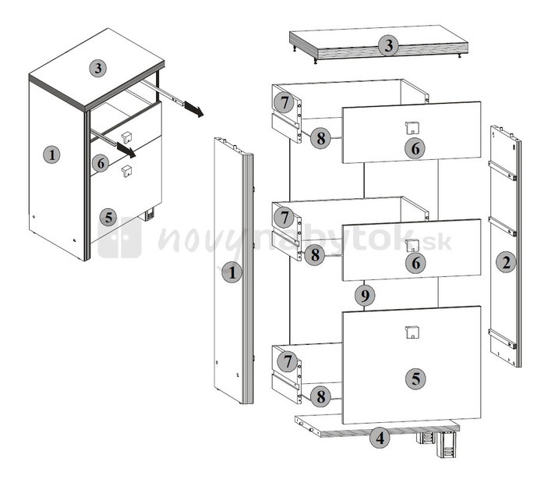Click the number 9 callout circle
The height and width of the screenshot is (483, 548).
click(365, 296)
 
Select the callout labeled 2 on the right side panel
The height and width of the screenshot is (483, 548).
click(506, 262)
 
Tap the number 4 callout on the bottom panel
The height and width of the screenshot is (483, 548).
click(380, 438)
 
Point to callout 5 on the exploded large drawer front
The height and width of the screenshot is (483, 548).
click(415, 379)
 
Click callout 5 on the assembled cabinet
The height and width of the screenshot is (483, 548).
click(108, 218)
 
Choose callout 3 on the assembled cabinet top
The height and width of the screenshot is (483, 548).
click(98, 68)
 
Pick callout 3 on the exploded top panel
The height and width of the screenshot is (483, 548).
click(389, 46)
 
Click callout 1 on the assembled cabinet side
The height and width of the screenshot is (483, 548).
click(51, 154)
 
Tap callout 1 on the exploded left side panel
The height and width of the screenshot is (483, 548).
click(232, 272)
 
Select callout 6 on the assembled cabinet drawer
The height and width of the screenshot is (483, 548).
click(101, 163)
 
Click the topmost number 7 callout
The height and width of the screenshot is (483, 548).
click(285, 103)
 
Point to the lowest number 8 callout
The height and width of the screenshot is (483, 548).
click(320, 396)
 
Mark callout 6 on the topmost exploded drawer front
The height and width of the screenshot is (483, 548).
click(415, 148)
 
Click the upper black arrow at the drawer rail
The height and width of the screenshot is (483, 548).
click(194, 108)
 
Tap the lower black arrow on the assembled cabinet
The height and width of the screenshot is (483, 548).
click(126, 150)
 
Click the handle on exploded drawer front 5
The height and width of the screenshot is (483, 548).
click(412, 332)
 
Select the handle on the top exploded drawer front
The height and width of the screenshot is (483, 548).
click(412, 128)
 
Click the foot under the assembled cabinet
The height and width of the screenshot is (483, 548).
click(150, 214)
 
